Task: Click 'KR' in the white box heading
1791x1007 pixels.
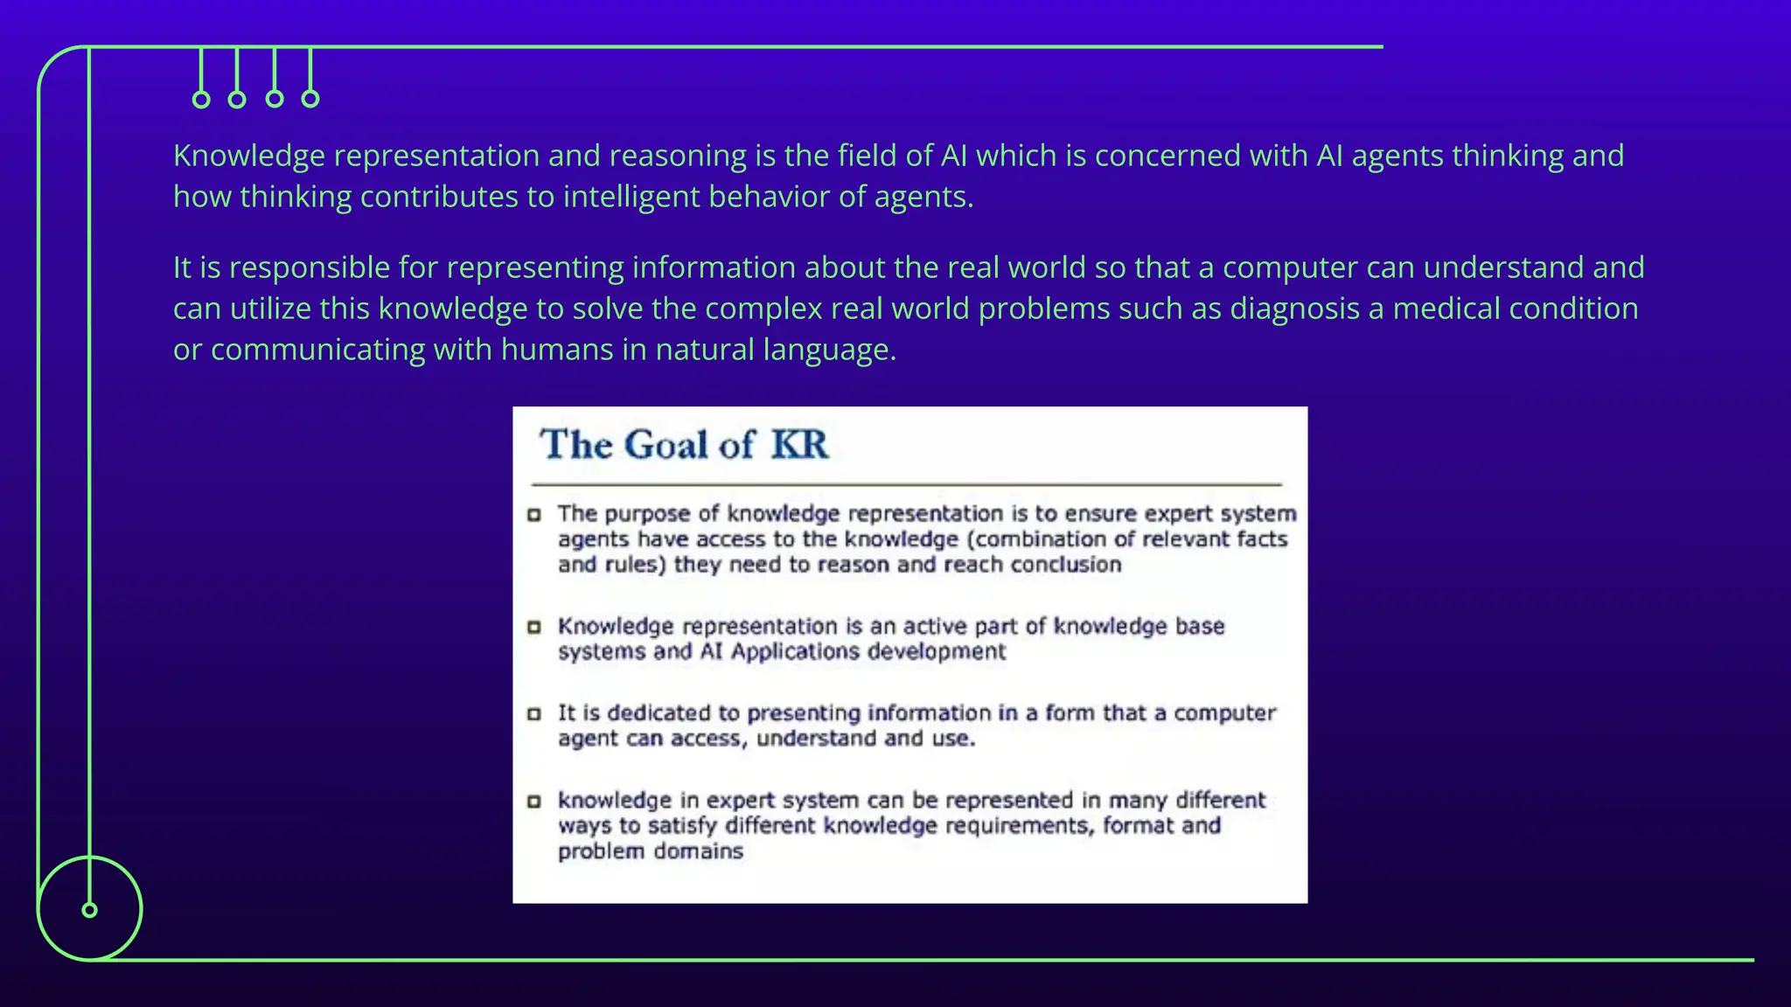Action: [x=799, y=444]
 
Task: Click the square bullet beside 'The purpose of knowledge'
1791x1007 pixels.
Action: [x=534, y=514]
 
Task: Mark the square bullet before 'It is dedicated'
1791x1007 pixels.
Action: [x=534, y=714]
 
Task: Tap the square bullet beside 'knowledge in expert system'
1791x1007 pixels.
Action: [x=534, y=801]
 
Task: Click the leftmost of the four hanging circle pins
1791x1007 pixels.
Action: [x=201, y=100]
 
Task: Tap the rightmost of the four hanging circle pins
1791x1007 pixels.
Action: [x=310, y=99]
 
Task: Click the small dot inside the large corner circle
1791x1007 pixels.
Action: [x=89, y=910]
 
